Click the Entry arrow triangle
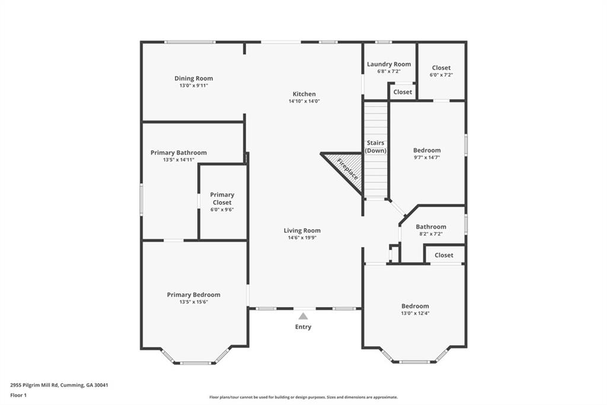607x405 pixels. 303,316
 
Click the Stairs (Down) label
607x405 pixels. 375,147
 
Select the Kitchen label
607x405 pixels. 304,94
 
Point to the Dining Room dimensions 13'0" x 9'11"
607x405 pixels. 194,86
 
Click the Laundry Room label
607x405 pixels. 389,64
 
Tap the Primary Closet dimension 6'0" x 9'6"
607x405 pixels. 222,210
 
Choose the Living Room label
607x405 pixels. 302,230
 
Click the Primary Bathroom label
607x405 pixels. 178,153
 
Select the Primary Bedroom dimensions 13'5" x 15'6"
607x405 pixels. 194,302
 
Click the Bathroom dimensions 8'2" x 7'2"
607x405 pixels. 431,234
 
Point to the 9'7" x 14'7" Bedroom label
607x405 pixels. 427,150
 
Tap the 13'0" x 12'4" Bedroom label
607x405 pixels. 415,306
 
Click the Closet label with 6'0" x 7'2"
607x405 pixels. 441,68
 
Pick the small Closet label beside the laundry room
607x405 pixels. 402,92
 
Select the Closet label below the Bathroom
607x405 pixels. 443,255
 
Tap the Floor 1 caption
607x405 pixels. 18,395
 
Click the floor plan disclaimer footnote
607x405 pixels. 303,397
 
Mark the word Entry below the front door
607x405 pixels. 303,327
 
